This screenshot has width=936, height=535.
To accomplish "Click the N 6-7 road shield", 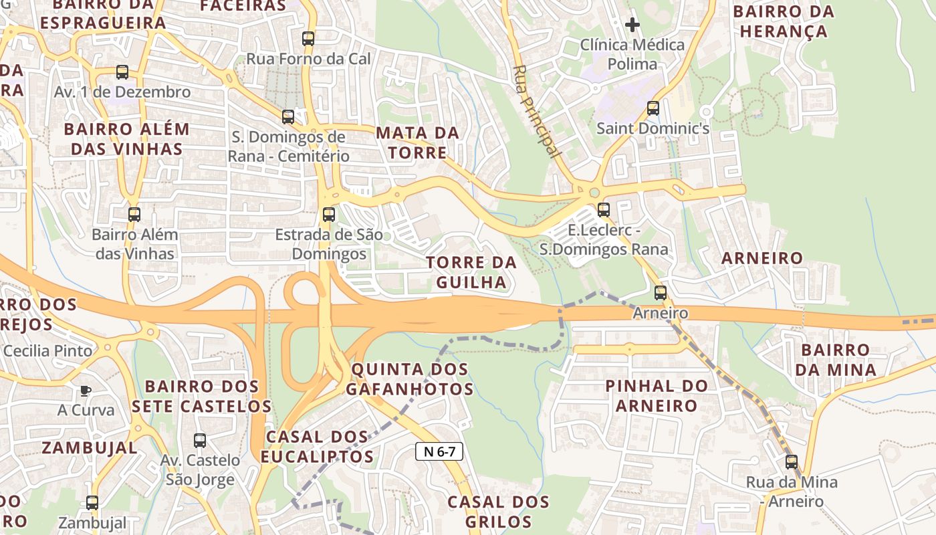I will (x=439, y=451).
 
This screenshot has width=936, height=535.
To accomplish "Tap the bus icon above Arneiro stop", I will (x=661, y=293).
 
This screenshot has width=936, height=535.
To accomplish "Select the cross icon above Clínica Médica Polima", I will (x=632, y=25).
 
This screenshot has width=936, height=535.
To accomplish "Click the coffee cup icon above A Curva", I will (x=85, y=391).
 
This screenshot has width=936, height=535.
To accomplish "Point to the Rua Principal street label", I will (x=537, y=111).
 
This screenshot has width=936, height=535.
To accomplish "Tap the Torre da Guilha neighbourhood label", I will (x=471, y=272).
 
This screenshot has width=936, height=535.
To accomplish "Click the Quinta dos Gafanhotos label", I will (x=410, y=379).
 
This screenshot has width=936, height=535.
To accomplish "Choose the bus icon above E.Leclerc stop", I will (x=604, y=210).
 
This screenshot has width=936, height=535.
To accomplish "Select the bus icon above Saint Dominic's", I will (x=653, y=108).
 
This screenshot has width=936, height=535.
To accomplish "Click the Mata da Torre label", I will (x=418, y=142).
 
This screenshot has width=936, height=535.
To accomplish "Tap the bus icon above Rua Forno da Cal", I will (x=308, y=39).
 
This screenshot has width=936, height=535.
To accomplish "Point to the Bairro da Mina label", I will (x=838, y=360).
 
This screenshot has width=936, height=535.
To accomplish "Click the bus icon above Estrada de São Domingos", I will (x=329, y=215).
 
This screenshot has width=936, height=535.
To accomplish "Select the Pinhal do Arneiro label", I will (x=657, y=395).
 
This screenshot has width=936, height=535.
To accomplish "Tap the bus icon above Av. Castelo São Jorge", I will (x=200, y=441).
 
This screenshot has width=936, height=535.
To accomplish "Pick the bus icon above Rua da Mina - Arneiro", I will (x=792, y=462).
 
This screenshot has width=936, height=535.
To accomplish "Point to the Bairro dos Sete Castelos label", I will (x=201, y=397).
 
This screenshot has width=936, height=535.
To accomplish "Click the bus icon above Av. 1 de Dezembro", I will (x=122, y=72).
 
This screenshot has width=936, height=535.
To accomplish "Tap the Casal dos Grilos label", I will (x=498, y=512).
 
